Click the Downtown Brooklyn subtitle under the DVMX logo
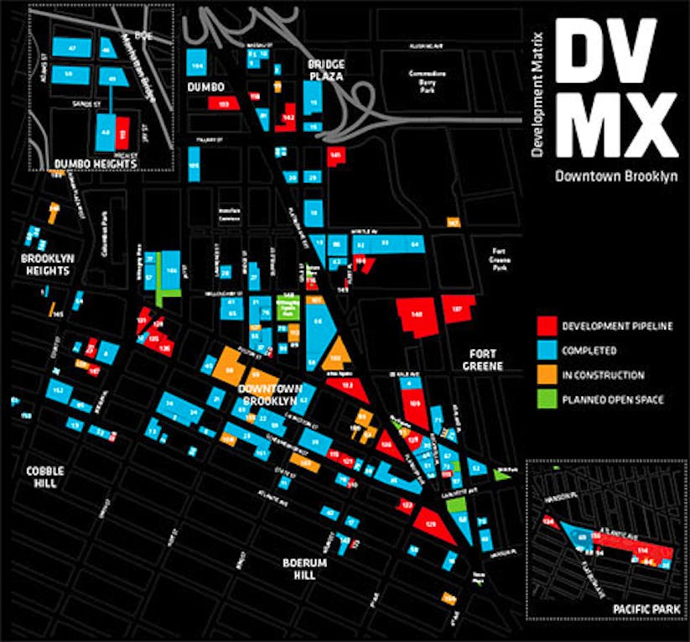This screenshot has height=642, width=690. click(615, 178)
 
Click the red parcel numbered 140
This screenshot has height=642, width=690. click(416, 316)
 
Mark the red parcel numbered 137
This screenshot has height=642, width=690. click(458, 309)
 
